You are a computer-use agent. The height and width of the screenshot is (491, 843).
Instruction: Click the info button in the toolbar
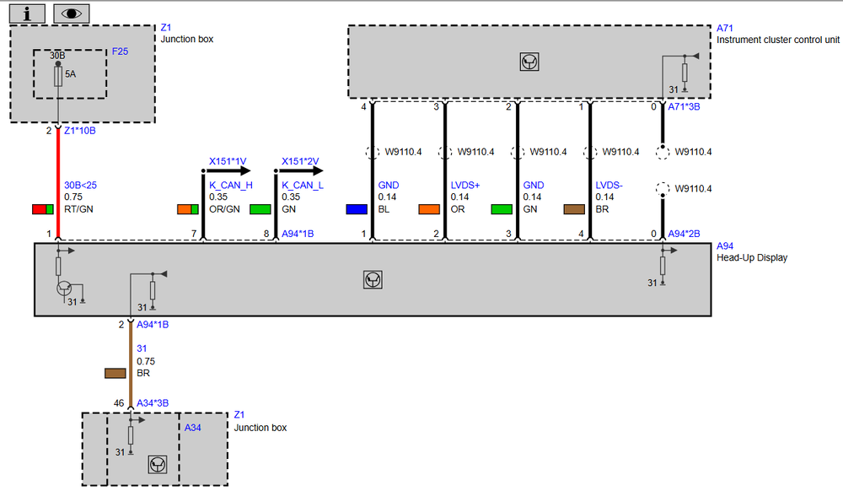pos(28,13)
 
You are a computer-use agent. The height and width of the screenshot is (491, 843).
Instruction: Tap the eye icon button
pos(72,13)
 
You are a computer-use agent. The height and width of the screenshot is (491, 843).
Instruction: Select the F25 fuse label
pos(120,51)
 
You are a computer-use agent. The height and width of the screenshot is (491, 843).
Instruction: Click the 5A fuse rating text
pos(71,74)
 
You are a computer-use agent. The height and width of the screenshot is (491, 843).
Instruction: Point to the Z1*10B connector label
pos(79,131)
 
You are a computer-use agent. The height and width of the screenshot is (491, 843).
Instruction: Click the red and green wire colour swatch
pos(43,209)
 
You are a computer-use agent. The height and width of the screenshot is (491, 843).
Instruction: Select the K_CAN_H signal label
pos(231,186)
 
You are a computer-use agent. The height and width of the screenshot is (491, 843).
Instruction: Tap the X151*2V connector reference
pos(300,161)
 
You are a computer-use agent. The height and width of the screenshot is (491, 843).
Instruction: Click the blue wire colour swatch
pos(357,209)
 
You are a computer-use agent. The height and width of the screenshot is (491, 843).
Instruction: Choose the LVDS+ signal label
pos(465,186)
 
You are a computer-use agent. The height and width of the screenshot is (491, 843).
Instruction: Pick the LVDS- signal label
pos(609,186)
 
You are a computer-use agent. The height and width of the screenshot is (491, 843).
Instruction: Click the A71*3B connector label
pos(684,107)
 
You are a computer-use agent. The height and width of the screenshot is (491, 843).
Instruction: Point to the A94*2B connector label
pos(684,234)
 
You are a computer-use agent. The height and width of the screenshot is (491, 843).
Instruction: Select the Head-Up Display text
pos(752,257)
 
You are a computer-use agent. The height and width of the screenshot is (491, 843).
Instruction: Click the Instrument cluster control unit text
pos(778,40)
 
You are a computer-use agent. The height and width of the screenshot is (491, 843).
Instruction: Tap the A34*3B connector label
pos(153,403)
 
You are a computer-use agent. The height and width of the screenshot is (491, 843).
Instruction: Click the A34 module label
pos(192,428)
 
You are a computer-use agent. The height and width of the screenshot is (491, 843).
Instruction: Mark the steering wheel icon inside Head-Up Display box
pos(373,279)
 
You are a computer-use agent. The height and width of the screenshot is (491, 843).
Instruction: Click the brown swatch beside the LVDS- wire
pos(574,209)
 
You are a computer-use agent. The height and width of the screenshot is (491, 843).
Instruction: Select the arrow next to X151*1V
pos(229,171)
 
